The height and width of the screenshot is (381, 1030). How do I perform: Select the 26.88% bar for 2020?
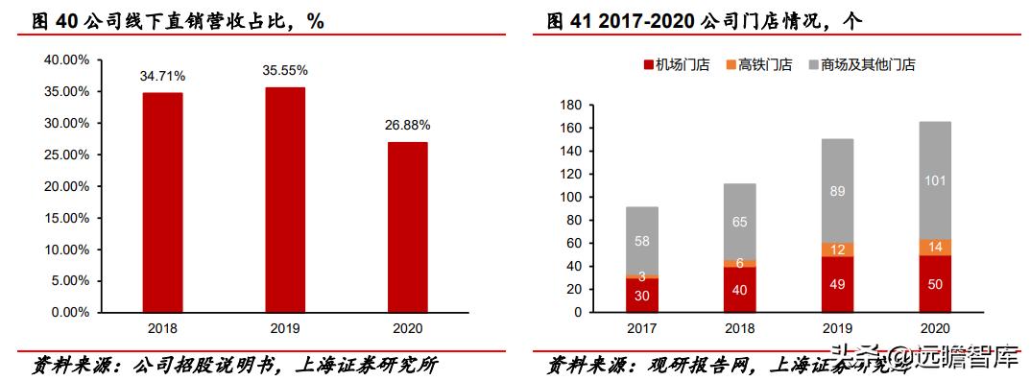408,226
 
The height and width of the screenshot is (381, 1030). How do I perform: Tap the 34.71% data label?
162,75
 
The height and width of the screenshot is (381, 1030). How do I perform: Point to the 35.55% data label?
285,70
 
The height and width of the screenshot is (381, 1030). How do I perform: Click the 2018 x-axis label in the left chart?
162,327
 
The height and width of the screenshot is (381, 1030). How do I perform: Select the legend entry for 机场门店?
676,65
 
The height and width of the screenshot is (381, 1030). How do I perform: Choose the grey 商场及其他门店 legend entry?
861,65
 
